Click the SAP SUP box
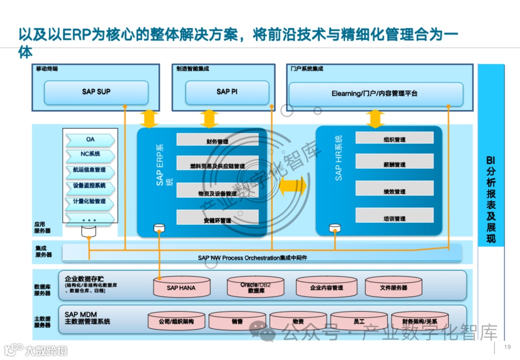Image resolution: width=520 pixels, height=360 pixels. tap(96, 92)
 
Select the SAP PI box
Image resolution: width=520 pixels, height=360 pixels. tap(227, 92)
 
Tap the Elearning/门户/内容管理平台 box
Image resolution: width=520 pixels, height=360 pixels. tap(375, 94)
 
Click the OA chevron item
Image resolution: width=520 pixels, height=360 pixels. tap(91, 140)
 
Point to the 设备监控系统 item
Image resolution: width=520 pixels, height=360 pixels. tap(91, 186)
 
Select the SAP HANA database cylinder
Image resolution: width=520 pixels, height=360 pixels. tap(182, 287)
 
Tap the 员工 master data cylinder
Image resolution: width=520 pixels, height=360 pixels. tap(358, 321)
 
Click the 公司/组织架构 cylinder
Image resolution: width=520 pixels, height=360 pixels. tap(176, 321)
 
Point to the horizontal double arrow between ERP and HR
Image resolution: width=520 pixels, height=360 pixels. tap(293, 187)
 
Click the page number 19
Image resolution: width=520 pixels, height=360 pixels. tap(507, 347)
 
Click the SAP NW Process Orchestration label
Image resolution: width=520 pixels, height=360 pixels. tap(252, 258)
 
